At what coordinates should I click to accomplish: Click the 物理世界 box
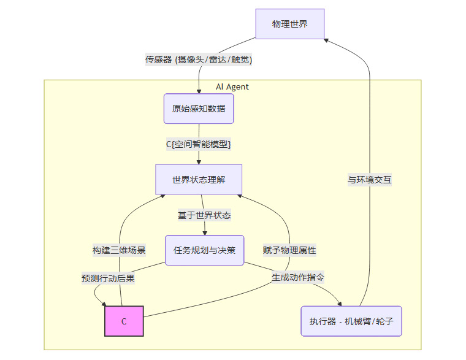coord(289,25)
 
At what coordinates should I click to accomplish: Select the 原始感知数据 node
coord(199,109)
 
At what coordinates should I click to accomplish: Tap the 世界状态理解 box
coord(199,180)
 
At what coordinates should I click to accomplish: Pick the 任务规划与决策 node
coord(205,250)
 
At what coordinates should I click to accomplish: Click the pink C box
coord(124,321)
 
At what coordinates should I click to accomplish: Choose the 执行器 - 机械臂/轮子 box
coord(351,321)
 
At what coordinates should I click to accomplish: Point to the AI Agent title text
coord(232,86)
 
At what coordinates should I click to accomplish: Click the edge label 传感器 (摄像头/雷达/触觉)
coord(199,59)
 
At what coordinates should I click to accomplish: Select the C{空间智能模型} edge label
coord(199,144)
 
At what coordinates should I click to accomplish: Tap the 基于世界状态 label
coord(204,215)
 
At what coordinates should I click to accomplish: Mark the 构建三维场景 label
coord(119,250)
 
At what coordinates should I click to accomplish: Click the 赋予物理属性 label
coord(289,250)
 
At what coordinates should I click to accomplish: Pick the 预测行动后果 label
coord(108,278)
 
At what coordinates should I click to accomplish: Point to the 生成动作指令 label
coord(298,277)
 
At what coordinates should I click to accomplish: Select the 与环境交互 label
coord(370,180)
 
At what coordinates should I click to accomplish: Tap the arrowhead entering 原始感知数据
coord(199,91)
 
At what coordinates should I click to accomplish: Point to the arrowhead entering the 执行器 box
coord(340,303)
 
